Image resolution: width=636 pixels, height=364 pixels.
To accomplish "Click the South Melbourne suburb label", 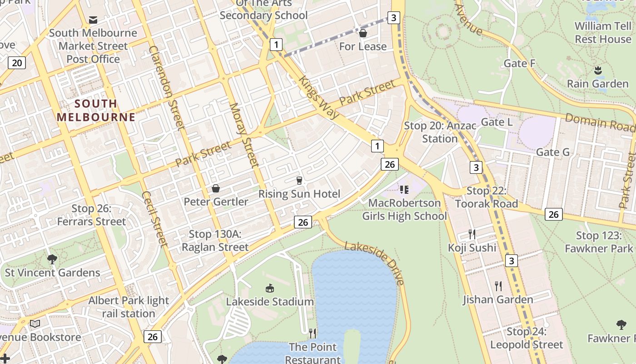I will [96, 110].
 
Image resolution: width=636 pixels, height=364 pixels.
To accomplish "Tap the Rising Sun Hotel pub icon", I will [299, 181].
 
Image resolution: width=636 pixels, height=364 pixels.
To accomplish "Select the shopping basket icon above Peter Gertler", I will [216, 188].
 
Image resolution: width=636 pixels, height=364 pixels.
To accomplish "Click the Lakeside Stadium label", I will [270, 302].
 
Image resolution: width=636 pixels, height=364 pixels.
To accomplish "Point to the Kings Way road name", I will [318, 97].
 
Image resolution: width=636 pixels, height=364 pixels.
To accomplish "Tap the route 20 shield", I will [16, 62].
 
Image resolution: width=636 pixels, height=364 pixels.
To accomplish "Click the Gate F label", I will [519, 63].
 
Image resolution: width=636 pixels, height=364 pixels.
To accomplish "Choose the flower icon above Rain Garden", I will [598, 71].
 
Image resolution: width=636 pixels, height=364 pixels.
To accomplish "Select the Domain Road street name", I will [599, 122].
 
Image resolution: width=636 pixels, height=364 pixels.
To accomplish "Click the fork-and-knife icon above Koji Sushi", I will [472, 234].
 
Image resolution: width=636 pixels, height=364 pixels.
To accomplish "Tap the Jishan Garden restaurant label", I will [498, 299].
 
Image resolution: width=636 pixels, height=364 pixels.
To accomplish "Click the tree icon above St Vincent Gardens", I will [52, 259].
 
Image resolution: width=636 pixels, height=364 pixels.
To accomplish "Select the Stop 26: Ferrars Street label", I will [91, 215].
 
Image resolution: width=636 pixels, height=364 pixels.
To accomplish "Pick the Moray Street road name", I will [243, 135].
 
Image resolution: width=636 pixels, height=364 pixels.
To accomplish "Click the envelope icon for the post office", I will [93, 20].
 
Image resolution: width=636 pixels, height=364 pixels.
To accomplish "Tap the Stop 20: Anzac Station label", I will [440, 132].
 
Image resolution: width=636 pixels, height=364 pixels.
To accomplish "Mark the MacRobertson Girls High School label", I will [404, 209].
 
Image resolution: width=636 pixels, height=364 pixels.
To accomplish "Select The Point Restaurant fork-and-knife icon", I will [313, 334].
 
